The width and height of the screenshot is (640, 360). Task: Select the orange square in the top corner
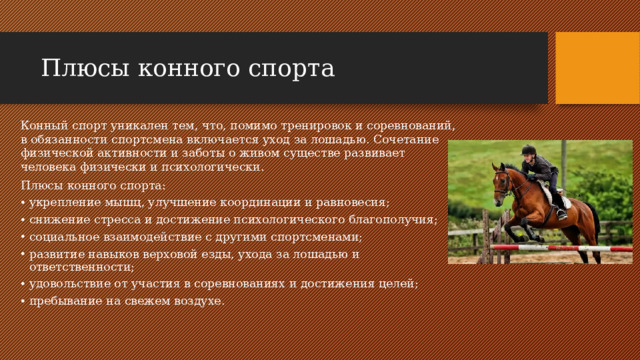597,68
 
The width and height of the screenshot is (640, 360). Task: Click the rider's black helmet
527,151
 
